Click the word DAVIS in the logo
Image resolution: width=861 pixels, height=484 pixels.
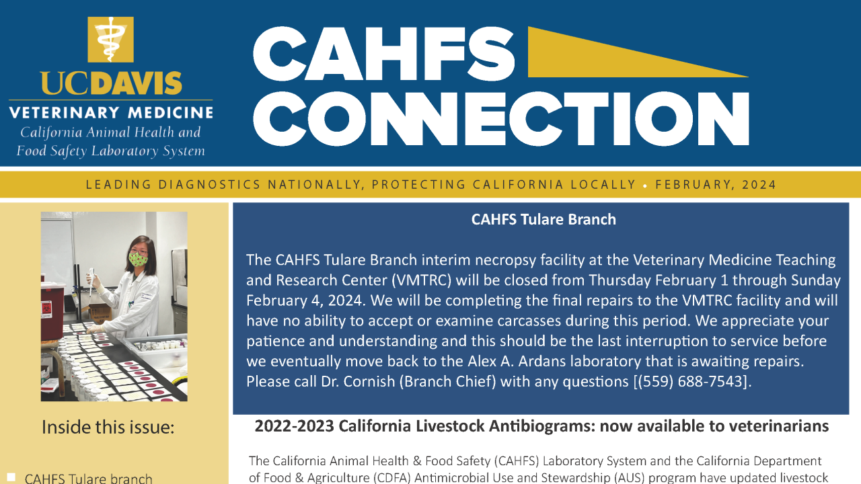coord(136,83)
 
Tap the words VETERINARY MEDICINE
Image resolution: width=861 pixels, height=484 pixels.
coord(111,112)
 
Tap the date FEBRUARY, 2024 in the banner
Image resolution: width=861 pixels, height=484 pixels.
coord(716,185)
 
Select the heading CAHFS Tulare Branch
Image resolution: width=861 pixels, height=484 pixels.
coord(544,219)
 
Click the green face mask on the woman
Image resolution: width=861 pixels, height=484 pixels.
coord(139,258)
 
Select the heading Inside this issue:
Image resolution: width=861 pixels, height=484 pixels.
coord(108,427)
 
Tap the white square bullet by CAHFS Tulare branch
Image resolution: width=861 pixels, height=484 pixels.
coord(11,477)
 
